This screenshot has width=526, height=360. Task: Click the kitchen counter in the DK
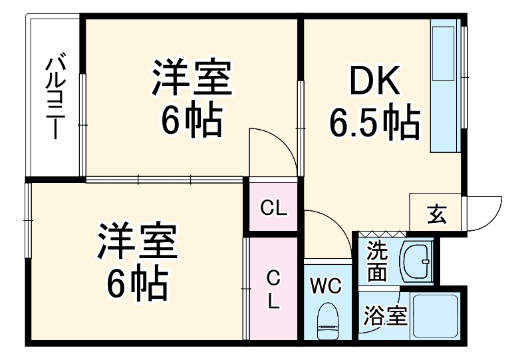tap(444, 87)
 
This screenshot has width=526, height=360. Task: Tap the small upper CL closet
tap(273, 208)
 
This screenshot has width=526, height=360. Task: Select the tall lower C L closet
tap(273, 289)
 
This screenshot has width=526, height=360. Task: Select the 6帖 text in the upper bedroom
tap(192, 120)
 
